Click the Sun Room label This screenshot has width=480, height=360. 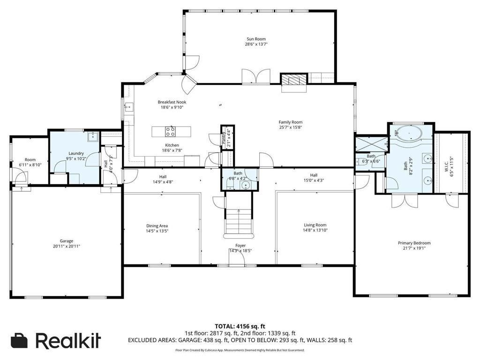coord(257,39)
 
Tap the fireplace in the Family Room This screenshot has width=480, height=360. coord(293,80)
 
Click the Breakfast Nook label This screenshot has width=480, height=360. coord(172,102)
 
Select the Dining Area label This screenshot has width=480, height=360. coord(157,225)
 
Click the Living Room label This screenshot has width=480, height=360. coord(315,225)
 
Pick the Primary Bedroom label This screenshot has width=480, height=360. coord(414,243)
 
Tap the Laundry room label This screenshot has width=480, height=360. coord(76,153)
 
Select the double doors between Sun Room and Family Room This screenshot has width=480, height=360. coord(256,77)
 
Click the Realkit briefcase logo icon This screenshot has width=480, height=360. coord(20,341)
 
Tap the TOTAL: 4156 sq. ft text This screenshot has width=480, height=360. coord(240,326)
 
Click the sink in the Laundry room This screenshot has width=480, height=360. coord(92,136)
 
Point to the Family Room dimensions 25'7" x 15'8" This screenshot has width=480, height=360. coord(291,127)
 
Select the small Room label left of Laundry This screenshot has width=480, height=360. coord(30,159)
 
